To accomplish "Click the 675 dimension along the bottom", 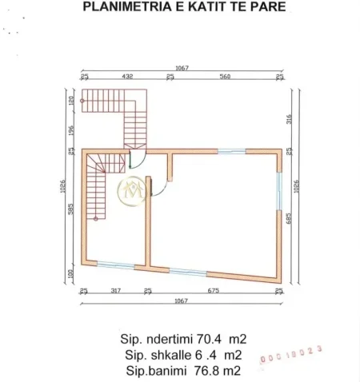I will [x=213, y=290].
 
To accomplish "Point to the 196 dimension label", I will [x=71, y=130].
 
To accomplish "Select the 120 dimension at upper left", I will [x=71, y=101].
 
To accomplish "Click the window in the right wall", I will [x=279, y=190].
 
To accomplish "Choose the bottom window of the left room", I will [x=116, y=265].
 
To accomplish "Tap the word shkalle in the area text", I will [x=171, y=355].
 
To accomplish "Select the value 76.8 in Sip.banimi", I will [x=212, y=371].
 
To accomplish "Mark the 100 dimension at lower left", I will [x=71, y=273].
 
